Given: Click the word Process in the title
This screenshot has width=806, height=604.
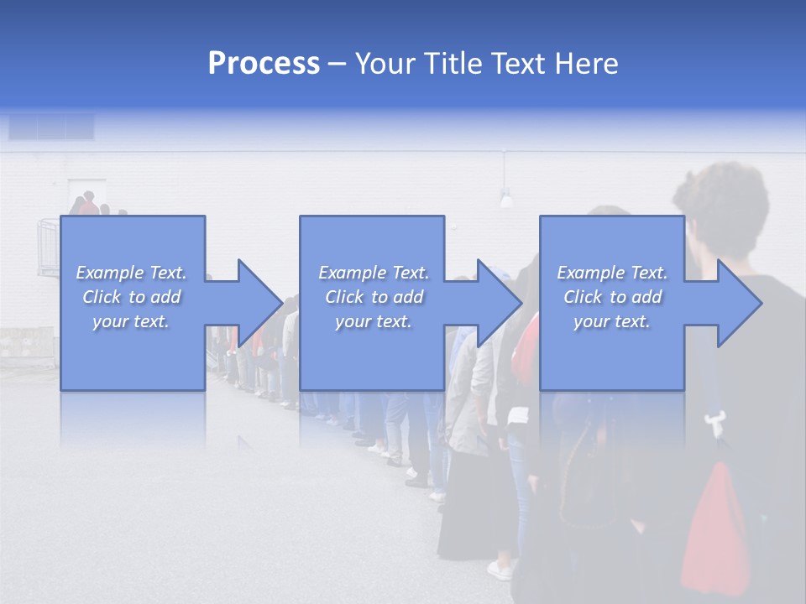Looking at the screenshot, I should pyautogui.click(x=264, y=64).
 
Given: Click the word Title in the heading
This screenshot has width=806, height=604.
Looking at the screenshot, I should pyautogui.click(x=449, y=64).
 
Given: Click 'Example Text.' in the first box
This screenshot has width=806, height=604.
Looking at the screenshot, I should pyautogui.click(x=132, y=273).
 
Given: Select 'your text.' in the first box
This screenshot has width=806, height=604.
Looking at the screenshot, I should pyautogui.click(x=132, y=321).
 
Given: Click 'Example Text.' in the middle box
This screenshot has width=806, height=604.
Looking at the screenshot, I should pyautogui.click(x=374, y=273).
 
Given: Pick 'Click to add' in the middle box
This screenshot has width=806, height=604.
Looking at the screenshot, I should pyautogui.click(x=374, y=297).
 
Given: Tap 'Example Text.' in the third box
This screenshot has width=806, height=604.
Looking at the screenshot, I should pyautogui.click(x=612, y=273).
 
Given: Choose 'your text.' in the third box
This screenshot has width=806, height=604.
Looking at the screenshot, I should pyautogui.click(x=612, y=321).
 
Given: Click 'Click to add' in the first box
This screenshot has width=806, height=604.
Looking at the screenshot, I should pyautogui.click(x=132, y=297).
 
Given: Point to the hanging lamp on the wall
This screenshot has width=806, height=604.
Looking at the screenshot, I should pyautogui.click(x=506, y=199).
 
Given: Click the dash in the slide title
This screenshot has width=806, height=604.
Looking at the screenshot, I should pyautogui.click(x=338, y=64).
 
